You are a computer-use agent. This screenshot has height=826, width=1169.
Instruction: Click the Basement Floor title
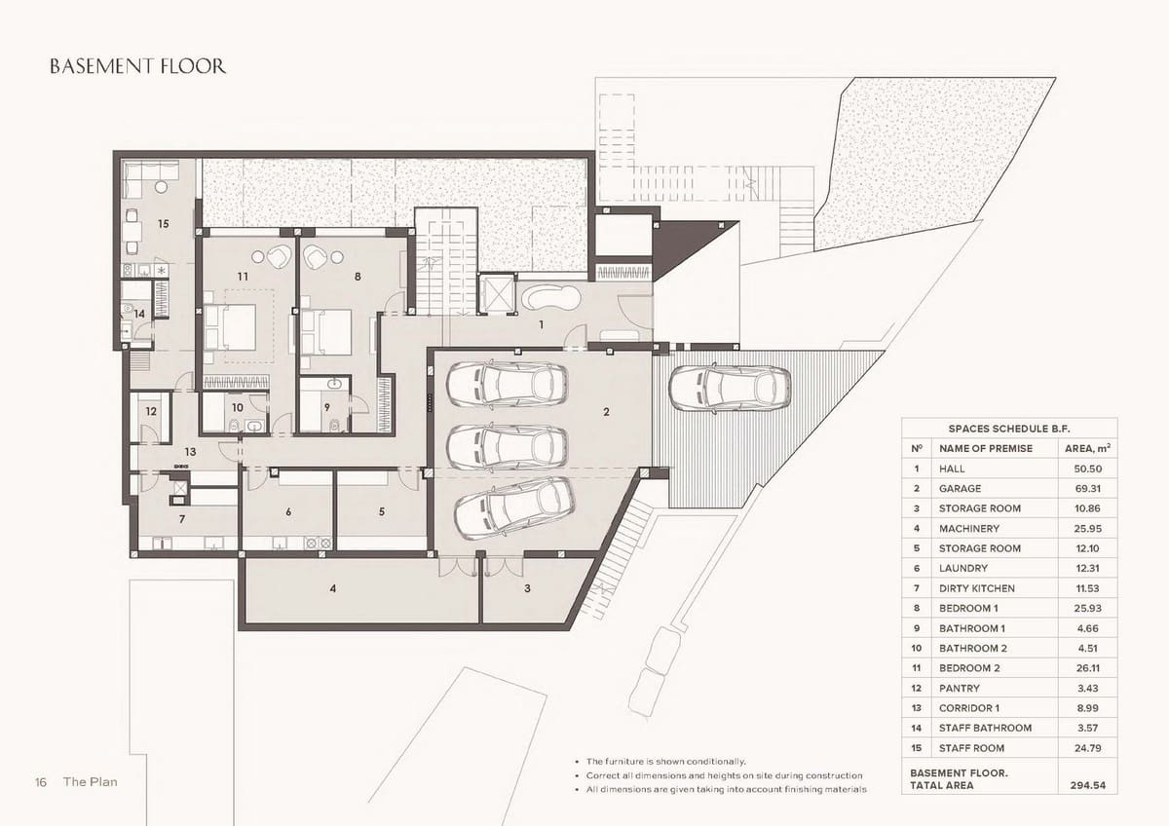[137, 66]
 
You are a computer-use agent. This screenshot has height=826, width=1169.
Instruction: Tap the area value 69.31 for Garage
[1087, 488]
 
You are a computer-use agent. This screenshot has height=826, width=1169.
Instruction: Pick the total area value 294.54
[1087, 785]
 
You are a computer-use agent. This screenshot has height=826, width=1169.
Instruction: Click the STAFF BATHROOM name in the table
[985, 728]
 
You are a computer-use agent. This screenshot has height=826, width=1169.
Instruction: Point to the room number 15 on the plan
[164, 224]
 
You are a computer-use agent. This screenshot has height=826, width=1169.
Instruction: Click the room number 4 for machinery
[333, 588]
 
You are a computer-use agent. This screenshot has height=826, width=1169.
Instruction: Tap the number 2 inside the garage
[606, 412]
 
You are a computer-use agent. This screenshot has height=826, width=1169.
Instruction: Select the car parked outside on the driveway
[730, 389]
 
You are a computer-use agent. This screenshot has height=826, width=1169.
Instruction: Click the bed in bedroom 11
[229, 326]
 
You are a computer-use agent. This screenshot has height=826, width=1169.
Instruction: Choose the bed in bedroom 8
[326, 333]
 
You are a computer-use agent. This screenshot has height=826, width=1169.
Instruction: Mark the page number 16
[41, 782]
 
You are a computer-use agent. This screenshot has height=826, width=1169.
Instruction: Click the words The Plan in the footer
[91, 781]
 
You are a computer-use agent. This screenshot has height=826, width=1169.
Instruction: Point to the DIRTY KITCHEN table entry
[977, 588]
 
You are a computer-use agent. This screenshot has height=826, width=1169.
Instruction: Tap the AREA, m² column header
[1087, 448]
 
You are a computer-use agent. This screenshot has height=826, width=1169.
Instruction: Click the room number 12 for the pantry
[151, 411]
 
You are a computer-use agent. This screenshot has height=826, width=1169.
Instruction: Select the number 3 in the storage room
[527, 588]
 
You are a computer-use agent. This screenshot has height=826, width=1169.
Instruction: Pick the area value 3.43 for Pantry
[1087, 689]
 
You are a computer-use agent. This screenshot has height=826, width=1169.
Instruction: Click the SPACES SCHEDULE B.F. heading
[1009, 429]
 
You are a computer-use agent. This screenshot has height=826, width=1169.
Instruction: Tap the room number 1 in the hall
[542, 324]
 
